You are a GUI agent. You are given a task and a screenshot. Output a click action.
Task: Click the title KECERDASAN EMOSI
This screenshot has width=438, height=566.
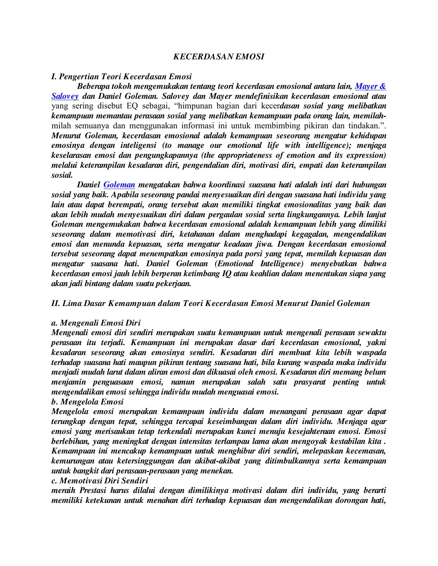(218, 57)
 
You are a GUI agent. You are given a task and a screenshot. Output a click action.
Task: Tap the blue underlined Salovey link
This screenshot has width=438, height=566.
(65, 96)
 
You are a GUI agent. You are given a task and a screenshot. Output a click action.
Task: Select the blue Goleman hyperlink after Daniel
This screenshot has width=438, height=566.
(119, 185)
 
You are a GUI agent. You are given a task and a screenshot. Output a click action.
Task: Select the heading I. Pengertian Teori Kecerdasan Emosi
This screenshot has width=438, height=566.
(121, 76)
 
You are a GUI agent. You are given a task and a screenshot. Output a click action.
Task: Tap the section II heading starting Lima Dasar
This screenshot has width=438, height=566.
(211, 304)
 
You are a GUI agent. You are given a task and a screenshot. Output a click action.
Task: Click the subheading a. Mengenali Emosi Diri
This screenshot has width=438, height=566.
(96, 323)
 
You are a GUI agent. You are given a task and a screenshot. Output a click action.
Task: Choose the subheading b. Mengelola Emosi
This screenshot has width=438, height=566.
(87, 402)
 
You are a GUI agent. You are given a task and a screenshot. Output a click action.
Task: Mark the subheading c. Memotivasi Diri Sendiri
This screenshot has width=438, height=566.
(100, 481)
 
